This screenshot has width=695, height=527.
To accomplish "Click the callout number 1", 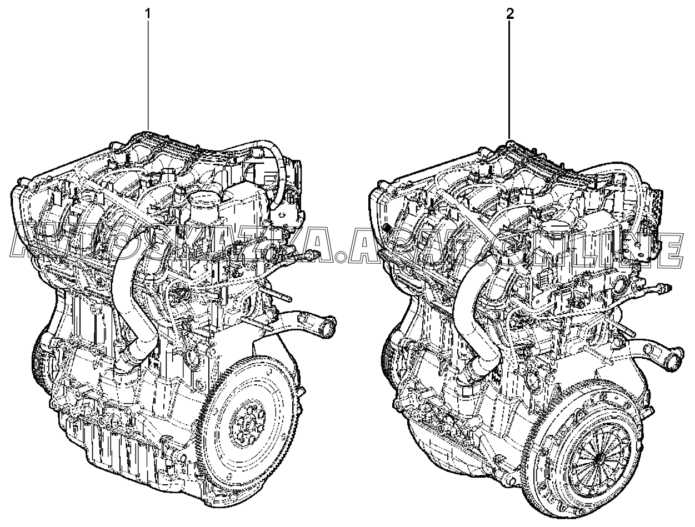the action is [148, 14].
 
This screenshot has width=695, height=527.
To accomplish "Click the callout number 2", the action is [510, 14].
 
